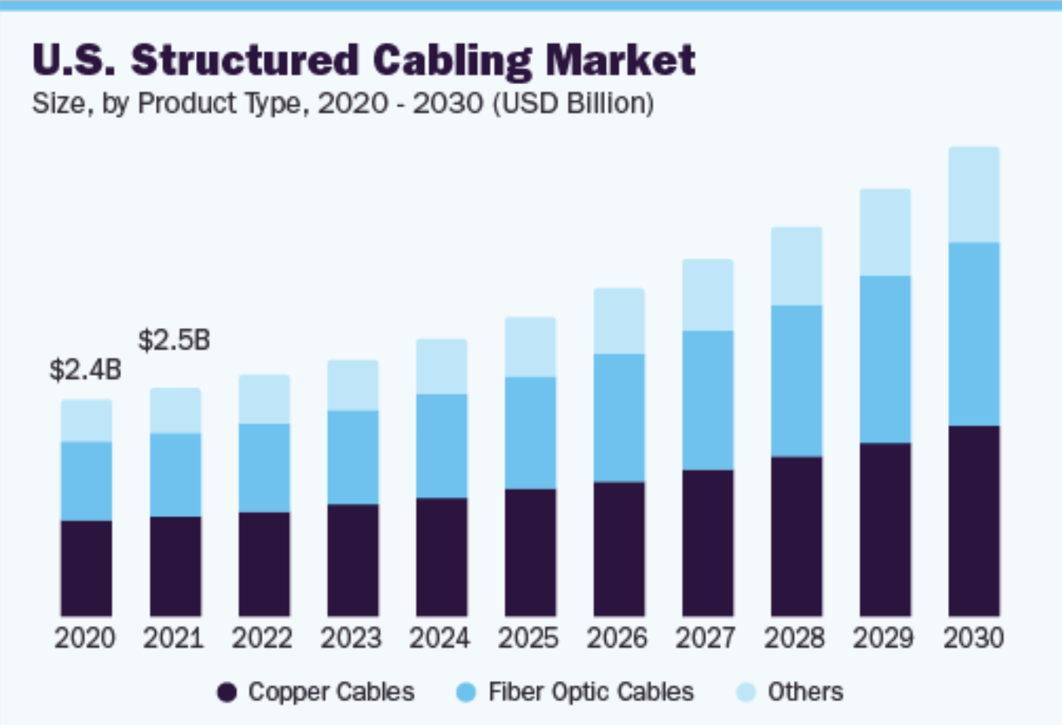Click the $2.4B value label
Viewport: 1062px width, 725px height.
85,369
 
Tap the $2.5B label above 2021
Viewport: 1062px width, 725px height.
174,340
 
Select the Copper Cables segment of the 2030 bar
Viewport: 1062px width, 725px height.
974,521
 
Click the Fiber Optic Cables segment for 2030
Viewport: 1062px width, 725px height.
974,334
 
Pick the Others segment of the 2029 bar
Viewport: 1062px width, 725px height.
885,233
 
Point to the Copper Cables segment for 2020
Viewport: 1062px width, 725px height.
87,568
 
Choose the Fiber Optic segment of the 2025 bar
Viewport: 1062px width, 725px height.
530,433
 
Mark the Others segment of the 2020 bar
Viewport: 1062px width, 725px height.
87,421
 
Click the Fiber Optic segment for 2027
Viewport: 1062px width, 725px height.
708,400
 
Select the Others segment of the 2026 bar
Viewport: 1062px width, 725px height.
619,321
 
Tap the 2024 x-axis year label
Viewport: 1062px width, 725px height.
440,638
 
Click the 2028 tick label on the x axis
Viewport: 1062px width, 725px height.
795,638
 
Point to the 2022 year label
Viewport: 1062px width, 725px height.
262,638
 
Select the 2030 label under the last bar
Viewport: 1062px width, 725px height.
973,638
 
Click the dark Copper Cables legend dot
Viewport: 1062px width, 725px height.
227,693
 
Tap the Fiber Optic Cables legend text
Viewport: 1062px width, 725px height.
591,692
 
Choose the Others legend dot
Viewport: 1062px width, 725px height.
745,693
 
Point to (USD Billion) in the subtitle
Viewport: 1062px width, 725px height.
573,103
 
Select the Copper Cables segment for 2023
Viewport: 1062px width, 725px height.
353,560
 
